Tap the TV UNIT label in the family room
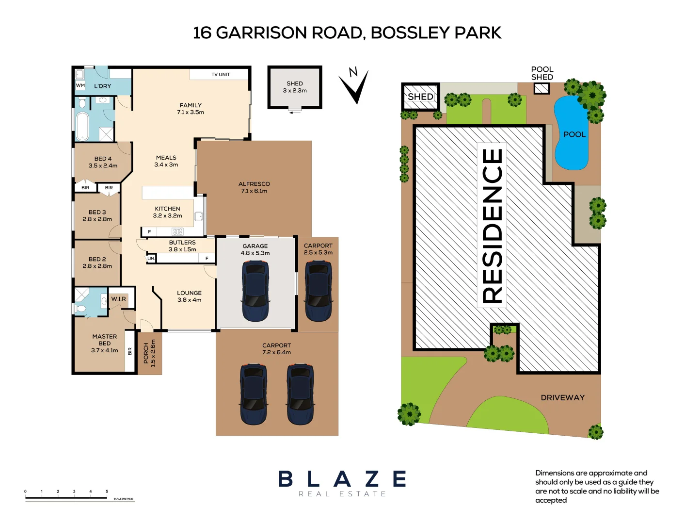[x=221, y=74]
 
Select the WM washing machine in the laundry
[x=80, y=85]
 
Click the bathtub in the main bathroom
[x=82, y=126]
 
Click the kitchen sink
[x=199, y=216]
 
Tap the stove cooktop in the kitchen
[x=177, y=232]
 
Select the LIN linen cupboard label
[x=151, y=259]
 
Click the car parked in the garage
[x=255, y=291]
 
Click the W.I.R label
[x=118, y=299]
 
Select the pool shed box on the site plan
[x=542, y=88]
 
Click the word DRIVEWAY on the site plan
[x=562, y=397]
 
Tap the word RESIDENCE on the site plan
[x=492, y=226]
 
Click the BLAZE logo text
[x=342, y=479]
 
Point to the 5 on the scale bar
[x=107, y=491]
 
